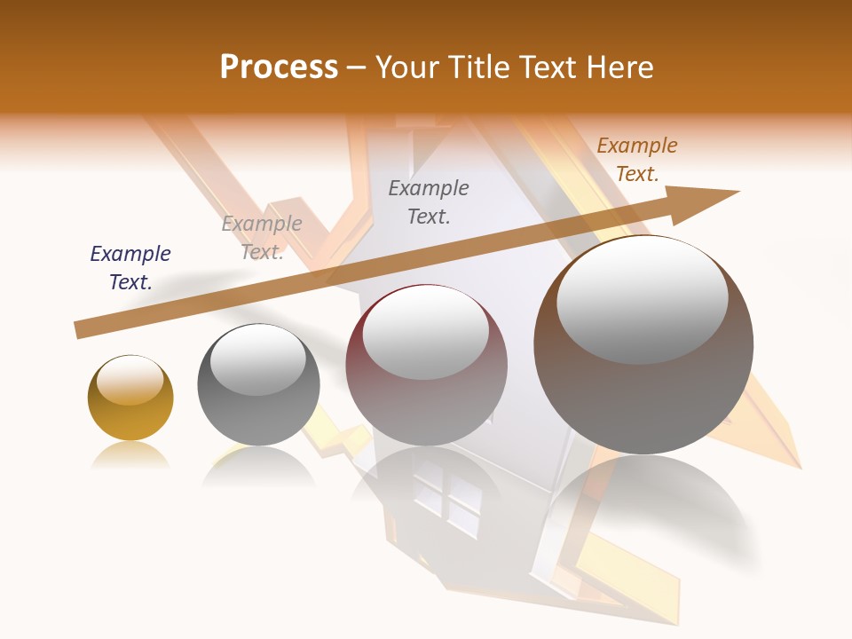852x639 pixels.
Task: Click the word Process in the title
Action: tap(279, 67)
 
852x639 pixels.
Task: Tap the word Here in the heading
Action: tap(619, 67)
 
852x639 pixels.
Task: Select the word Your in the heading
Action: tap(408, 67)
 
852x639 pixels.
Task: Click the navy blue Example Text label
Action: tap(130, 268)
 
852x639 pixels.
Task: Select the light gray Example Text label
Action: tap(262, 238)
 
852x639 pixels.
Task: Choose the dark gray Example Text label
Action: tap(429, 201)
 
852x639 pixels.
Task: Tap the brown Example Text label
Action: tap(637, 160)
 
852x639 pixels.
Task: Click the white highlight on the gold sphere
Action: tap(130, 380)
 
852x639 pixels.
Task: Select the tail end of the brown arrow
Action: tap(80, 330)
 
